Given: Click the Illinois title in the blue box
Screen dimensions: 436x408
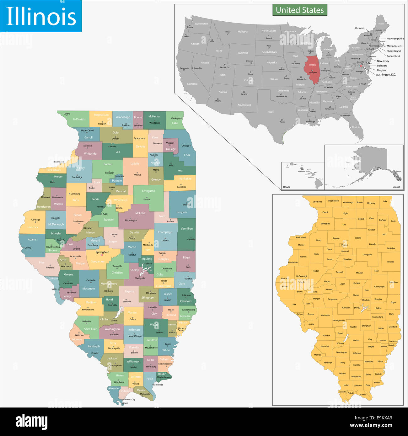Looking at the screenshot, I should click(41, 17).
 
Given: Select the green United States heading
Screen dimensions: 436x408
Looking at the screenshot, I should click(300, 10).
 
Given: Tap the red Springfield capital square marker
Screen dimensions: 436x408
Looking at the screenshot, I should click(102, 255).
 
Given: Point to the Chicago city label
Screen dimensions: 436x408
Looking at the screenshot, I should click(185, 146).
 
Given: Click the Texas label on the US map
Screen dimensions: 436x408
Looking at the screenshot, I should click(270, 112).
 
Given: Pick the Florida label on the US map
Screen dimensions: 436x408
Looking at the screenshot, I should click(356, 127).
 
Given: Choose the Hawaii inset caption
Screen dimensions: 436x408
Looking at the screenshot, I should click(287, 187).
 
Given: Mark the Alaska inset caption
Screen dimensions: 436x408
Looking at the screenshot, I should click(396, 187).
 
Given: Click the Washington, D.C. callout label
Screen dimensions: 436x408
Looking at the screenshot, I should click(386, 75).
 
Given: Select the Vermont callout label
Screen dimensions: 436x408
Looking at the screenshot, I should click(360, 28).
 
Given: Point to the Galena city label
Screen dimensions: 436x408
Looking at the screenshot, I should click(67, 114).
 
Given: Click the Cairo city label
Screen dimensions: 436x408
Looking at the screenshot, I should click(126, 403).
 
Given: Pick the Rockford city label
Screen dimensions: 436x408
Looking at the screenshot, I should click(126, 125).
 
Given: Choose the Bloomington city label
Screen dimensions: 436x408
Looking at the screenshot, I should click(131, 221).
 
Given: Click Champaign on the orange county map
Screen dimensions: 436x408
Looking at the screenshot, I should click(379, 287).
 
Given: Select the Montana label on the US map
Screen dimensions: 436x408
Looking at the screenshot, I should click(243, 32).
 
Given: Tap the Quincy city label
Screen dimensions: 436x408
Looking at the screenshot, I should click(28, 248).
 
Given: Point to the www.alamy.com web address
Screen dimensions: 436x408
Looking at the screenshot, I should click(371, 426).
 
